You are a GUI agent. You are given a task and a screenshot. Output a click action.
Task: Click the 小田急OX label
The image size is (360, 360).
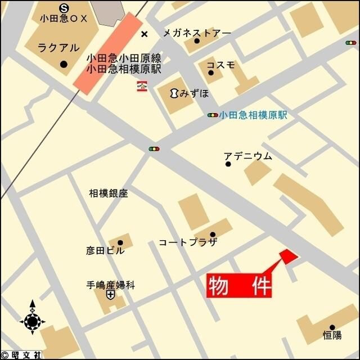coord(64,19)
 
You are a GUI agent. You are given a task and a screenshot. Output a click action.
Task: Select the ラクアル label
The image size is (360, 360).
coord(59,48)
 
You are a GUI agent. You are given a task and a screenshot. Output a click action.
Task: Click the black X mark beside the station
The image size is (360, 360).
coord(145,34)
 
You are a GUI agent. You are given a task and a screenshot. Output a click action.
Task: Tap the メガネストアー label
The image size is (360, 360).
coord(197,33)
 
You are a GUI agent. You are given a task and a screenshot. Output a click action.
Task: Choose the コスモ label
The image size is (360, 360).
coord(220,65)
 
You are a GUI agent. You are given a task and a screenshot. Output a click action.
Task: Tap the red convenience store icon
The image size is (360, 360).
coord(142,86)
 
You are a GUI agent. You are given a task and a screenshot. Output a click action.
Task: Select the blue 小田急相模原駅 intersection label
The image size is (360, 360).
coord(253,115)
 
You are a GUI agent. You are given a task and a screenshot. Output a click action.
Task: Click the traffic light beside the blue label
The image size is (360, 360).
coord(213,115)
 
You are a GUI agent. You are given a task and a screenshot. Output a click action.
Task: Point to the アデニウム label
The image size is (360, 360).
coord(247,156)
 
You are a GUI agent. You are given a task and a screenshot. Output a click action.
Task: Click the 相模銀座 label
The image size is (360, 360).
coord(109,193)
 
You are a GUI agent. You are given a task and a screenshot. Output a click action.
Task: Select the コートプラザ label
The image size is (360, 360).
coord(187,242)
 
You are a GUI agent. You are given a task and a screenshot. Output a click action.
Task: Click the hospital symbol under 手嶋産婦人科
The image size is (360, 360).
coord(110,295)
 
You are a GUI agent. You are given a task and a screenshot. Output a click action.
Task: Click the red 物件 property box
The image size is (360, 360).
coord(239,285)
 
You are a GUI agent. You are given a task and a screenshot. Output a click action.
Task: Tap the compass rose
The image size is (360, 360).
coord(32,322)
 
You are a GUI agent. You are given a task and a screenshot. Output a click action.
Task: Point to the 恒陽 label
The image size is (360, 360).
coord(332,335)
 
